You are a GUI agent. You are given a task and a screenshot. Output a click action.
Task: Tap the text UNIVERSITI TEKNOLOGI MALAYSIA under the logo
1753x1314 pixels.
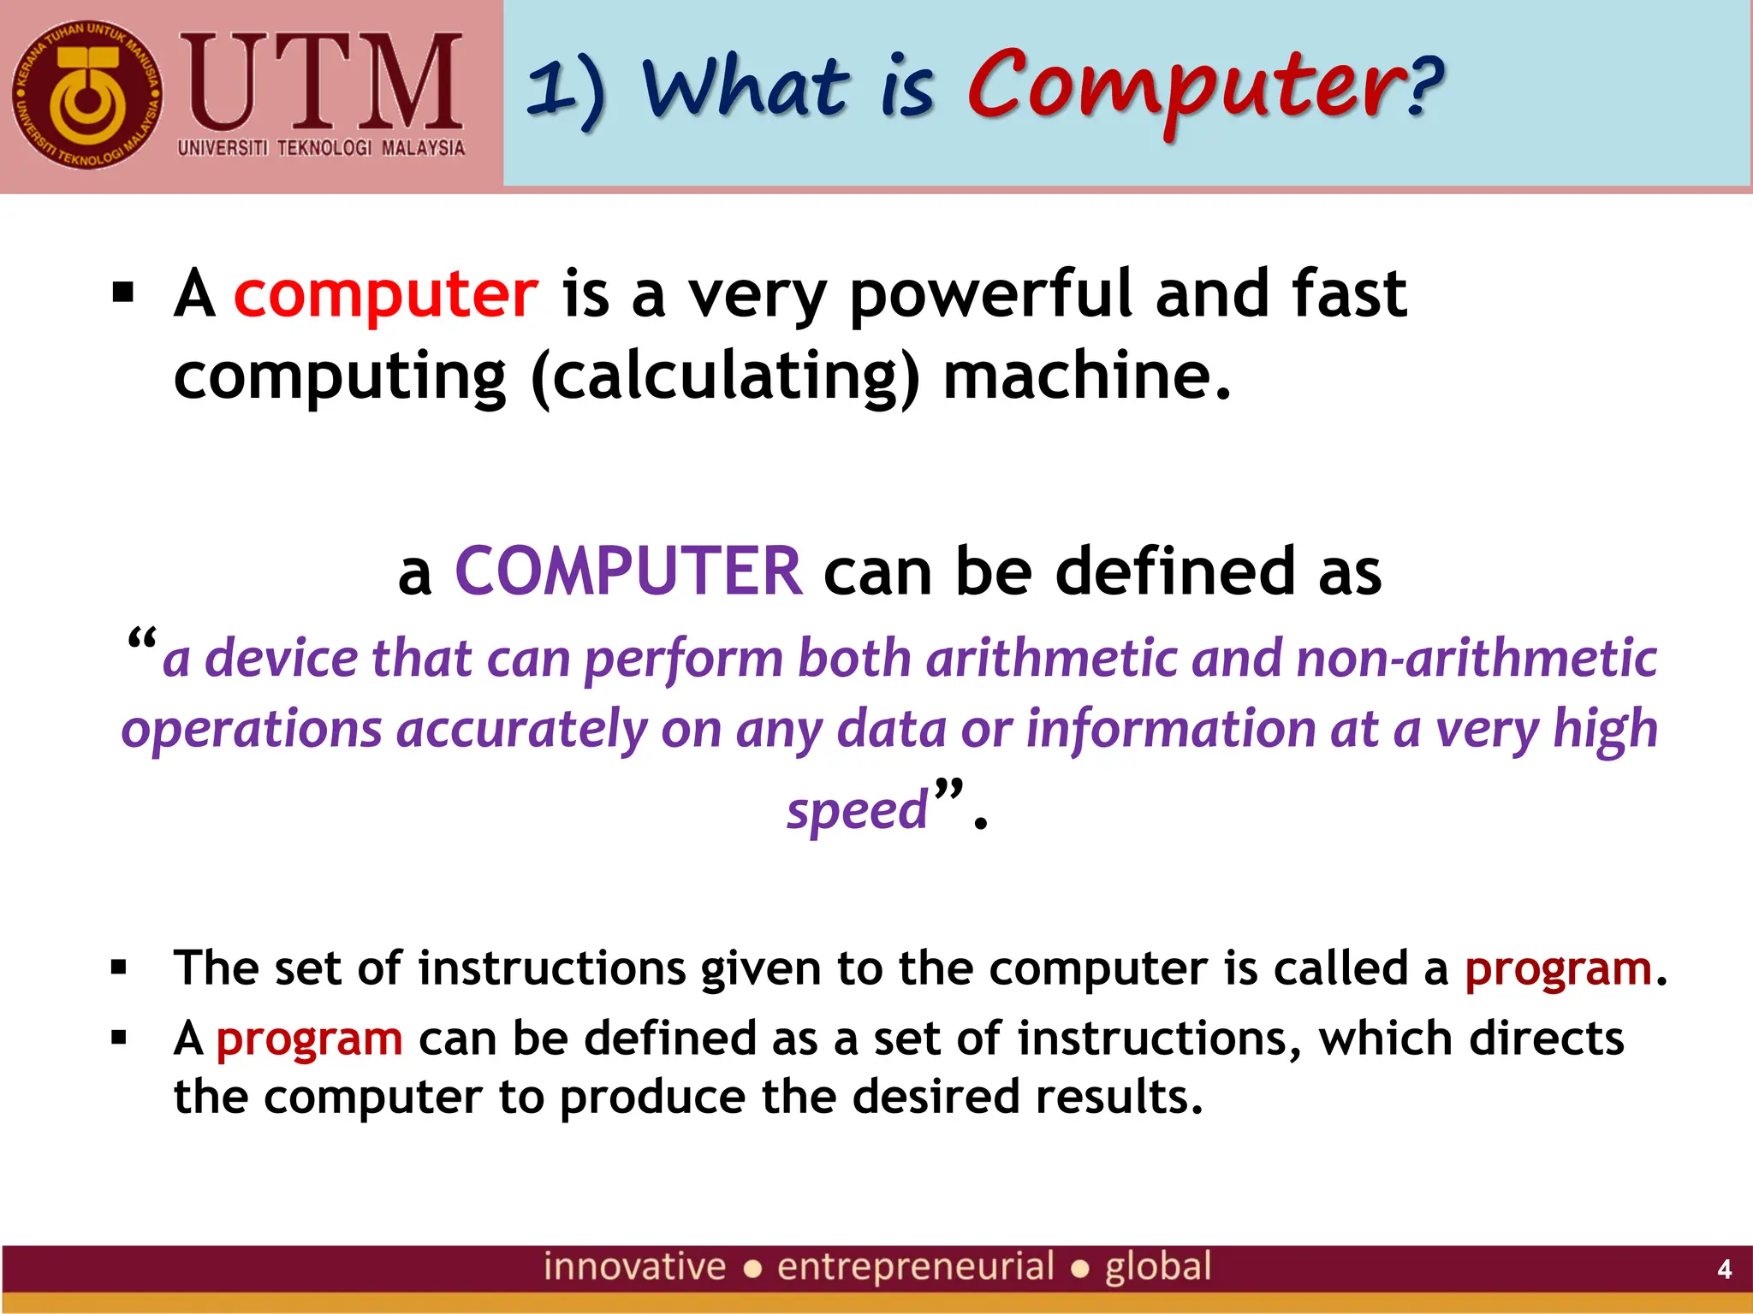(x=321, y=148)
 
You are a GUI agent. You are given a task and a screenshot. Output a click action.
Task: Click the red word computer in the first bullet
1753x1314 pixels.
(x=386, y=294)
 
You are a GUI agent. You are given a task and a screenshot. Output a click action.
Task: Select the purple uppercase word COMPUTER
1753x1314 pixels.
(x=628, y=571)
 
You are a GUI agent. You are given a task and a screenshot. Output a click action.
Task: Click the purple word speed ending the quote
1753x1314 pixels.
(x=857, y=809)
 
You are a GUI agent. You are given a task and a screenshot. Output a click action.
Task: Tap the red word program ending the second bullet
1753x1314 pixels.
(x=1558, y=969)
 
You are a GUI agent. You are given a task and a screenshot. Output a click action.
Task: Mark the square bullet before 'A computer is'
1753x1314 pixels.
(x=123, y=293)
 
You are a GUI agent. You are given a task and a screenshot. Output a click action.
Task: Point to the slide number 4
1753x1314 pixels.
(x=1724, y=1269)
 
